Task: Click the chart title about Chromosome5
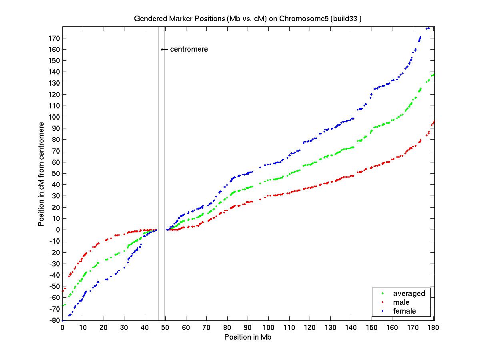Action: coord(248,19)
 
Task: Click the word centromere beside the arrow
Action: coord(189,50)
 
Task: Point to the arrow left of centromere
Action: coord(164,50)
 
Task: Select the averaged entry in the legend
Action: coord(409,294)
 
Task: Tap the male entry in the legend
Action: coord(401,302)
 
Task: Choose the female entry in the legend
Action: coord(404,311)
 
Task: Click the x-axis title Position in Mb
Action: coord(248,337)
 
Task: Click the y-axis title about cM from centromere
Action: coord(41,174)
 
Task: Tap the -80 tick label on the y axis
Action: coord(54,320)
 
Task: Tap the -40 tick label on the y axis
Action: coord(54,275)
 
